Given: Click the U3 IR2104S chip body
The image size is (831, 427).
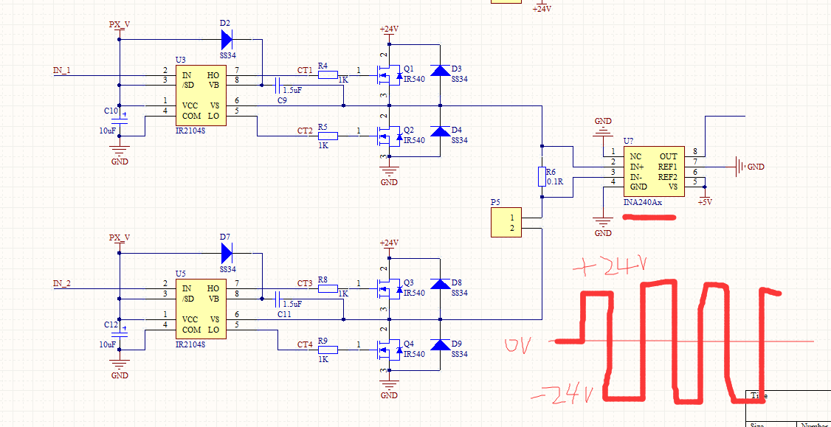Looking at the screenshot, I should (201, 96).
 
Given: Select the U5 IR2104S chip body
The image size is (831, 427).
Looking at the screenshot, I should (201, 309).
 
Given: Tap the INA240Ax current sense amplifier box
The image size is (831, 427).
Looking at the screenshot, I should (654, 172).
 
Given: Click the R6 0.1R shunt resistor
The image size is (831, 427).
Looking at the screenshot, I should (542, 177).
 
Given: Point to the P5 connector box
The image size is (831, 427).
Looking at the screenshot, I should (506, 223).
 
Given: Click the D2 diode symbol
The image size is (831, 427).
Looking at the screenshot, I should (226, 39).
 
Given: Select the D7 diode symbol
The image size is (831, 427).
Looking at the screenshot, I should (226, 253).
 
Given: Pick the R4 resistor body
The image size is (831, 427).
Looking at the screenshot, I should (328, 75).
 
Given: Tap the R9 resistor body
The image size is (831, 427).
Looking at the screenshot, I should (328, 350).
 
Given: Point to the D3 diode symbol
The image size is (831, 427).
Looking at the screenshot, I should (440, 71).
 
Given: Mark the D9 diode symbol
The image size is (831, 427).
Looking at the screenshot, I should (440, 345).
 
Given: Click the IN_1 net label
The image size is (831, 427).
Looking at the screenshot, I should (62, 71).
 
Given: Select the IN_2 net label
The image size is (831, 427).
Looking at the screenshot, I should (62, 284).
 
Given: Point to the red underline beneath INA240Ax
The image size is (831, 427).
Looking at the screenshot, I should (649, 218).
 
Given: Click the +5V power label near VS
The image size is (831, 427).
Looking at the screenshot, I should (705, 201).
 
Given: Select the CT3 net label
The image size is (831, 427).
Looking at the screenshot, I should (304, 284).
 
